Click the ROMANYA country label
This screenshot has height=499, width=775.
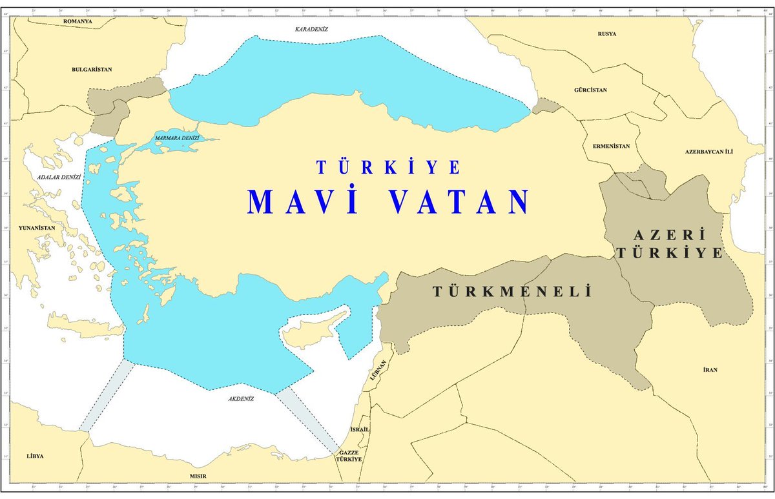click(x=77, y=21)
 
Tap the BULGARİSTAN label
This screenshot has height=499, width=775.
click(x=92, y=69)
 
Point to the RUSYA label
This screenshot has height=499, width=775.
click(x=607, y=34)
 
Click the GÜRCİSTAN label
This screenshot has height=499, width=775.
click(x=590, y=91)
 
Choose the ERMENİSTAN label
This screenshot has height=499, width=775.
click(x=610, y=146)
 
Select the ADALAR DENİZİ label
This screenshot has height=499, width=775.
click(x=58, y=176)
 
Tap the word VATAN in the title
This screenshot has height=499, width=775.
click(x=461, y=202)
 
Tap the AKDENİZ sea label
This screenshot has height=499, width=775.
click(x=241, y=398)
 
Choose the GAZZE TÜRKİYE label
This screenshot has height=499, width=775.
click(x=349, y=456)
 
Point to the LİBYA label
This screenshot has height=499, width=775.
click(x=36, y=456)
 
